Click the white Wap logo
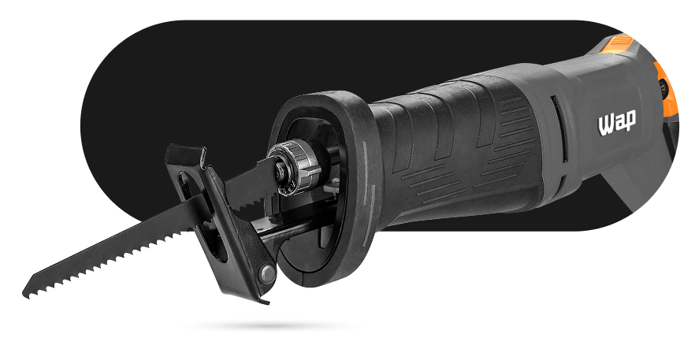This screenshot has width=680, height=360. tap(617, 122)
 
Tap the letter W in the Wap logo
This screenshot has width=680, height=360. tap(605, 125)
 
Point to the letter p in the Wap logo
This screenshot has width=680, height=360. tap(630, 121)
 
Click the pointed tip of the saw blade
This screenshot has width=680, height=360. tap(24, 294)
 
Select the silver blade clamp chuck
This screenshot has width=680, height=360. tap(294, 166)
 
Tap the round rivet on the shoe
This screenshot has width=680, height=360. tap(267, 273)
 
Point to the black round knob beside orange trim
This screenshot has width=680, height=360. tap(663, 87)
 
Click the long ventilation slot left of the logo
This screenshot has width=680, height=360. tap(559, 129)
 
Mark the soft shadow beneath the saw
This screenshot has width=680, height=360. tap(269, 326)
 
